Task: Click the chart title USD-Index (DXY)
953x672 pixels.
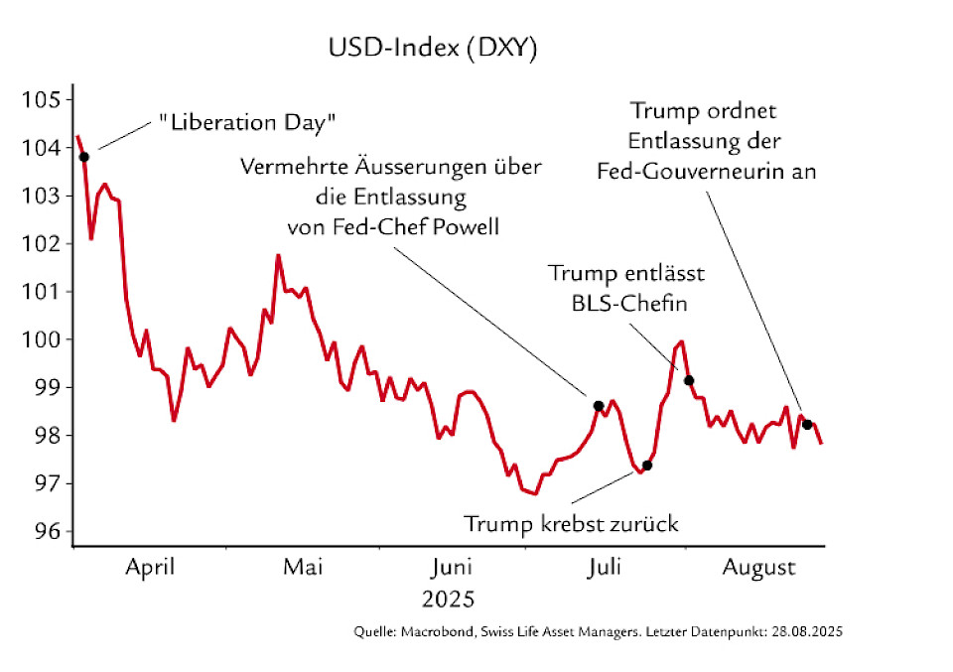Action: pyautogui.click(x=433, y=50)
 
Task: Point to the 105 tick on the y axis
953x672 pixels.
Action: pyautogui.click(x=45, y=100)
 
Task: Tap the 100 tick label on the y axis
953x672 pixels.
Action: pyautogui.click(x=45, y=339)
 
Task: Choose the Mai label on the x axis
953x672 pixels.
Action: pyautogui.click(x=303, y=568)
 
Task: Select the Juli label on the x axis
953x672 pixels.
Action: pyautogui.click(x=605, y=568)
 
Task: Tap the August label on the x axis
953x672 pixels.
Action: pyautogui.click(x=758, y=569)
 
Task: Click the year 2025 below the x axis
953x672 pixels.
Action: pyautogui.click(x=449, y=601)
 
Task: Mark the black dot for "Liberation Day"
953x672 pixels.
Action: pyautogui.click(x=84, y=157)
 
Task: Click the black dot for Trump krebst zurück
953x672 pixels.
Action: pyautogui.click(x=647, y=465)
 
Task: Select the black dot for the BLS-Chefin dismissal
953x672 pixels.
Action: pyautogui.click(x=689, y=380)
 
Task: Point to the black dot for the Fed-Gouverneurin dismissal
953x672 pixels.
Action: pyautogui.click(x=807, y=425)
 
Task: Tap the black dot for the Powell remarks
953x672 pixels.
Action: pyautogui.click(x=599, y=405)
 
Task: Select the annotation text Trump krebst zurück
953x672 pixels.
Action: pyautogui.click(x=571, y=523)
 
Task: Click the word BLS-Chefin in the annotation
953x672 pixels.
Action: pyautogui.click(x=630, y=304)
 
